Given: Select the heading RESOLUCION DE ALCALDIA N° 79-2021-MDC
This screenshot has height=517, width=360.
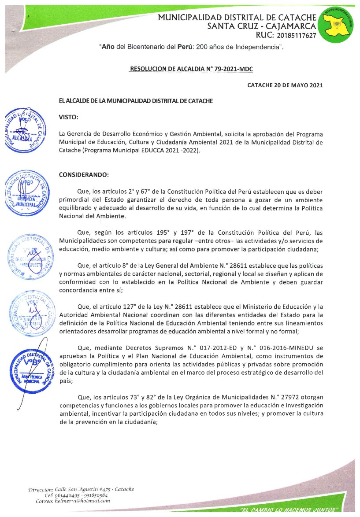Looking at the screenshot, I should pyautogui.click(x=191, y=70).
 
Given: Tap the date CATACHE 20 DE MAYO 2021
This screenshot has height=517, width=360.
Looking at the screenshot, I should pyautogui.click(x=285, y=85).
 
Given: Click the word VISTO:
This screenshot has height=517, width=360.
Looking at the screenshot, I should pyautogui.click(x=69, y=117).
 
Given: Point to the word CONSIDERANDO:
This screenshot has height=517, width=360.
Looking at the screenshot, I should pyautogui.click(x=84, y=175).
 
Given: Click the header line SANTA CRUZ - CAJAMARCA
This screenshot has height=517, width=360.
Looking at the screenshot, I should pyautogui.click(x=262, y=26).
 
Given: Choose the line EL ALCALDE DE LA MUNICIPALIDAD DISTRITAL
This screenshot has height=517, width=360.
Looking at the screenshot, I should pyautogui.click(x=136, y=101).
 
